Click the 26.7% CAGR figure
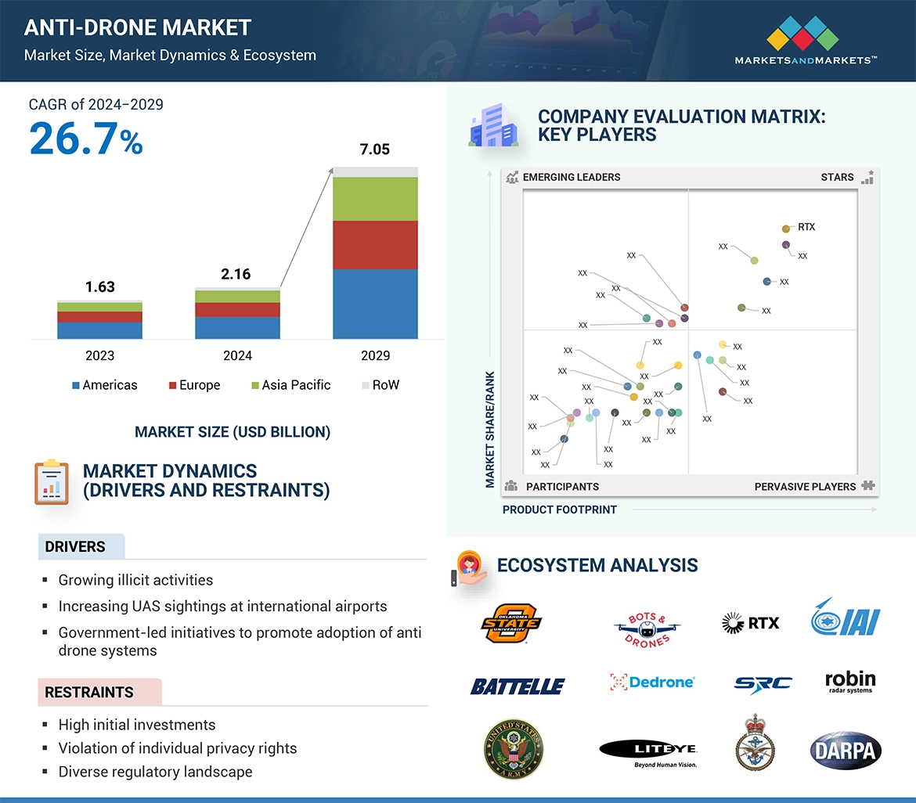(x=86, y=139)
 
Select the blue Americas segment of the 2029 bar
(x=375, y=304)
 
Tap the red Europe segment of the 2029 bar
(x=375, y=245)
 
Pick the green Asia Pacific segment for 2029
(x=375, y=199)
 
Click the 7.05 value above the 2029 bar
(x=375, y=149)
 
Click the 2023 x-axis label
(x=99, y=355)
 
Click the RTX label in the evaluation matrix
(x=806, y=227)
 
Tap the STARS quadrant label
(x=837, y=177)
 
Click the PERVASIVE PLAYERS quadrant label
(x=805, y=486)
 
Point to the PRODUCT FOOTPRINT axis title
(x=560, y=510)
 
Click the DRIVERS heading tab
(x=75, y=547)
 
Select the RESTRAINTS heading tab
(x=89, y=692)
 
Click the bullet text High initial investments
(x=137, y=725)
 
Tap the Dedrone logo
(x=652, y=682)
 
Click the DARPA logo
(x=846, y=751)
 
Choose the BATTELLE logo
(x=517, y=686)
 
